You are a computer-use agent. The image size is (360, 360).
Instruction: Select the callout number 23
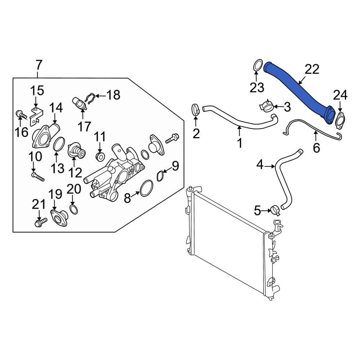(x=257, y=87)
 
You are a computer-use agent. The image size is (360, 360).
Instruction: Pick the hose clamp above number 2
(x=195, y=109)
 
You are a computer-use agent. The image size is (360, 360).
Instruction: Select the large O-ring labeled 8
(x=146, y=188)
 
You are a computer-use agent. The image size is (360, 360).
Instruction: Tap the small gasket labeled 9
(x=161, y=176)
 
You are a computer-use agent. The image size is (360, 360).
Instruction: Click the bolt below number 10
(x=37, y=176)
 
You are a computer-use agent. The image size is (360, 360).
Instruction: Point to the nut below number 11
(x=100, y=157)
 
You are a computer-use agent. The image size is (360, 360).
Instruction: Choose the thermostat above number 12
(x=77, y=151)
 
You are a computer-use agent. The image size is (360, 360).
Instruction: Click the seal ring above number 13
(x=58, y=144)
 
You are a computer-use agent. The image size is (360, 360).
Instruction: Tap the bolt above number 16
(x=21, y=115)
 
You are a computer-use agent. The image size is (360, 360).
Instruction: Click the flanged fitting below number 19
(x=58, y=219)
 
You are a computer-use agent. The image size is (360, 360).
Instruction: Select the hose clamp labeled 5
(x=275, y=210)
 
